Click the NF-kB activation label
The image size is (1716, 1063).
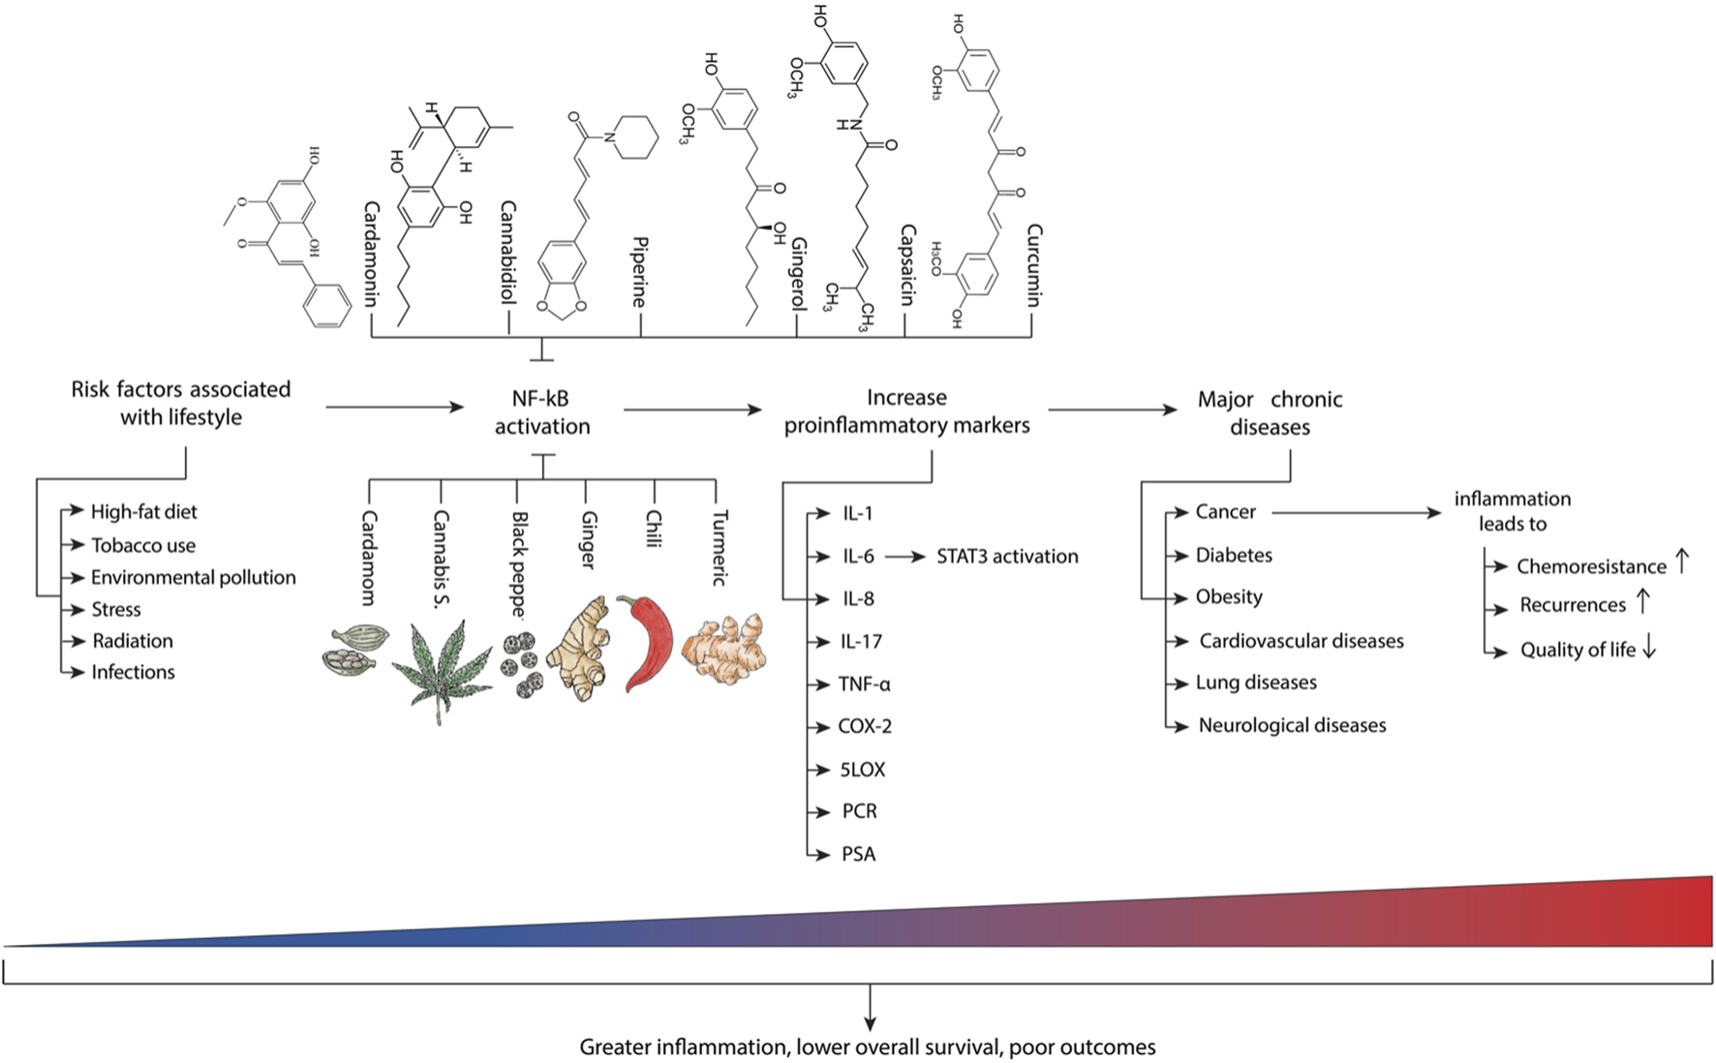tap(542, 412)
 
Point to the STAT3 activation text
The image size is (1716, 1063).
tap(1007, 557)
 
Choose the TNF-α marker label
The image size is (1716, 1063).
tap(864, 684)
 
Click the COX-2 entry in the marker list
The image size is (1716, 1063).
tap(865, 726)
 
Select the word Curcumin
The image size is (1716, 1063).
tap(1033, 265)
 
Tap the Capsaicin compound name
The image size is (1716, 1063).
tap(907, 265)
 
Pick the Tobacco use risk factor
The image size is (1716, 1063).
tap(143, 546)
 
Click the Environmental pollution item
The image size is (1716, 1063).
tap(194, 578)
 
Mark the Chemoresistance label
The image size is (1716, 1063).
tap(1591, 566)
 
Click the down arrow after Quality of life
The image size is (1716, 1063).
tap(1649, 650)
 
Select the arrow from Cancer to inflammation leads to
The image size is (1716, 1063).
tap(1356, 513)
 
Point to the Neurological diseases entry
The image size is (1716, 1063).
tap(1292, 725)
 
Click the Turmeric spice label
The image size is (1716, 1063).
tap(720, 548)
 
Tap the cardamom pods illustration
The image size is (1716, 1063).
tap(354, 650)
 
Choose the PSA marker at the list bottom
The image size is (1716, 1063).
tap(858, 854)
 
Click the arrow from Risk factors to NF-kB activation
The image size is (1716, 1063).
tap(394, 408)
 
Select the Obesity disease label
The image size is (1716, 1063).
tap(1229, 597)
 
